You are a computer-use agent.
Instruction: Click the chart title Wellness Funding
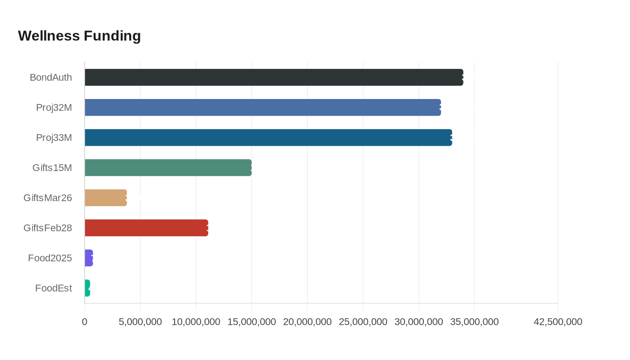(x=79, y=36)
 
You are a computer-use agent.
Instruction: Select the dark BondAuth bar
(x=274, y=77)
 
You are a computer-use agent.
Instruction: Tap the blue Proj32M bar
(x=263, y=108)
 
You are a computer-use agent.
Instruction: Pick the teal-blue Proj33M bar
(x=268, y=138)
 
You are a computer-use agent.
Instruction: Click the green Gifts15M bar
(x=168, y=167)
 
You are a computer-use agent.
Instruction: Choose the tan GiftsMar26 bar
(x=106, y=198)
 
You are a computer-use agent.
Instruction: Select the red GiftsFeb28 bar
(x=146, y=228)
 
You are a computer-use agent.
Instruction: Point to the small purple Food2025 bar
(x=89, y=258)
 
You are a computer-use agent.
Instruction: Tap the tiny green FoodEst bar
(x=87, y=288)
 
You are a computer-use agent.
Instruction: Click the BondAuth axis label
(x=51, y=77)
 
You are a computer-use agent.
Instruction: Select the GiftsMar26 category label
(x=48, y=198)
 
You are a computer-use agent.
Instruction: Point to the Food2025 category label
(x=50, y=258)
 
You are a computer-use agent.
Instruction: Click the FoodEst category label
(x=54, y=288)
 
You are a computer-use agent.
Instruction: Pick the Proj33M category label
(x=54, y=138)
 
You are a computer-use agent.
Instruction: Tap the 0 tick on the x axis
(x=85, y=322)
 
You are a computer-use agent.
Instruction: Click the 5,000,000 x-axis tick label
(x=140, y=322)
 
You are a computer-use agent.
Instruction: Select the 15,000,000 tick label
(x=252, y=322)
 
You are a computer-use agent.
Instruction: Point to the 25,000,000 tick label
(x=363, y=322)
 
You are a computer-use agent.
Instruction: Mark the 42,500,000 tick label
(x=558, y=322)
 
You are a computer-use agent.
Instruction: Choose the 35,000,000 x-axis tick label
(x=474, y=322)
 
